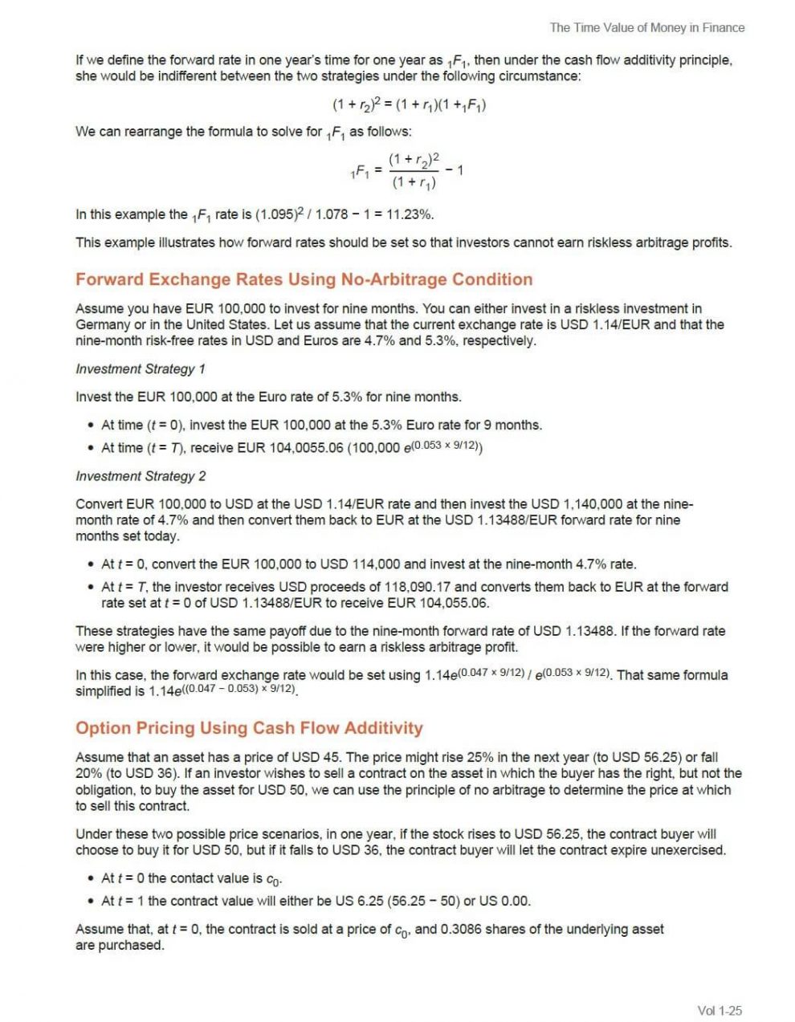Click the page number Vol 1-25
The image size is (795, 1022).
click(x=720, y=1011)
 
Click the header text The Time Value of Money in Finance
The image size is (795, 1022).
click(x=646, y=27)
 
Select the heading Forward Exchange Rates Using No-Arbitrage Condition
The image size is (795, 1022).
click(x=304, y=279)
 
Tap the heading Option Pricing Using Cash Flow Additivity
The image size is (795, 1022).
click(x=249, y=728)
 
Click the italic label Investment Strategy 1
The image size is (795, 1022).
click(x=141, y=369)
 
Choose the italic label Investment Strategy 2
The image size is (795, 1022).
click(x=141, y=476)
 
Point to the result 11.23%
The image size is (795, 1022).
click(x=410, y=214)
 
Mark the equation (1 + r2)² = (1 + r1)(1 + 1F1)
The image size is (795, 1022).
click(x=409, y=104)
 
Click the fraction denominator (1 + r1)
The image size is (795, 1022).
click(x=414, y=183)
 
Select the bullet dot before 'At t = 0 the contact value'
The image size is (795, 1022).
click(x=90, y=878)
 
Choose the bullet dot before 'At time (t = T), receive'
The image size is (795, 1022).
click(x=90, y=447)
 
